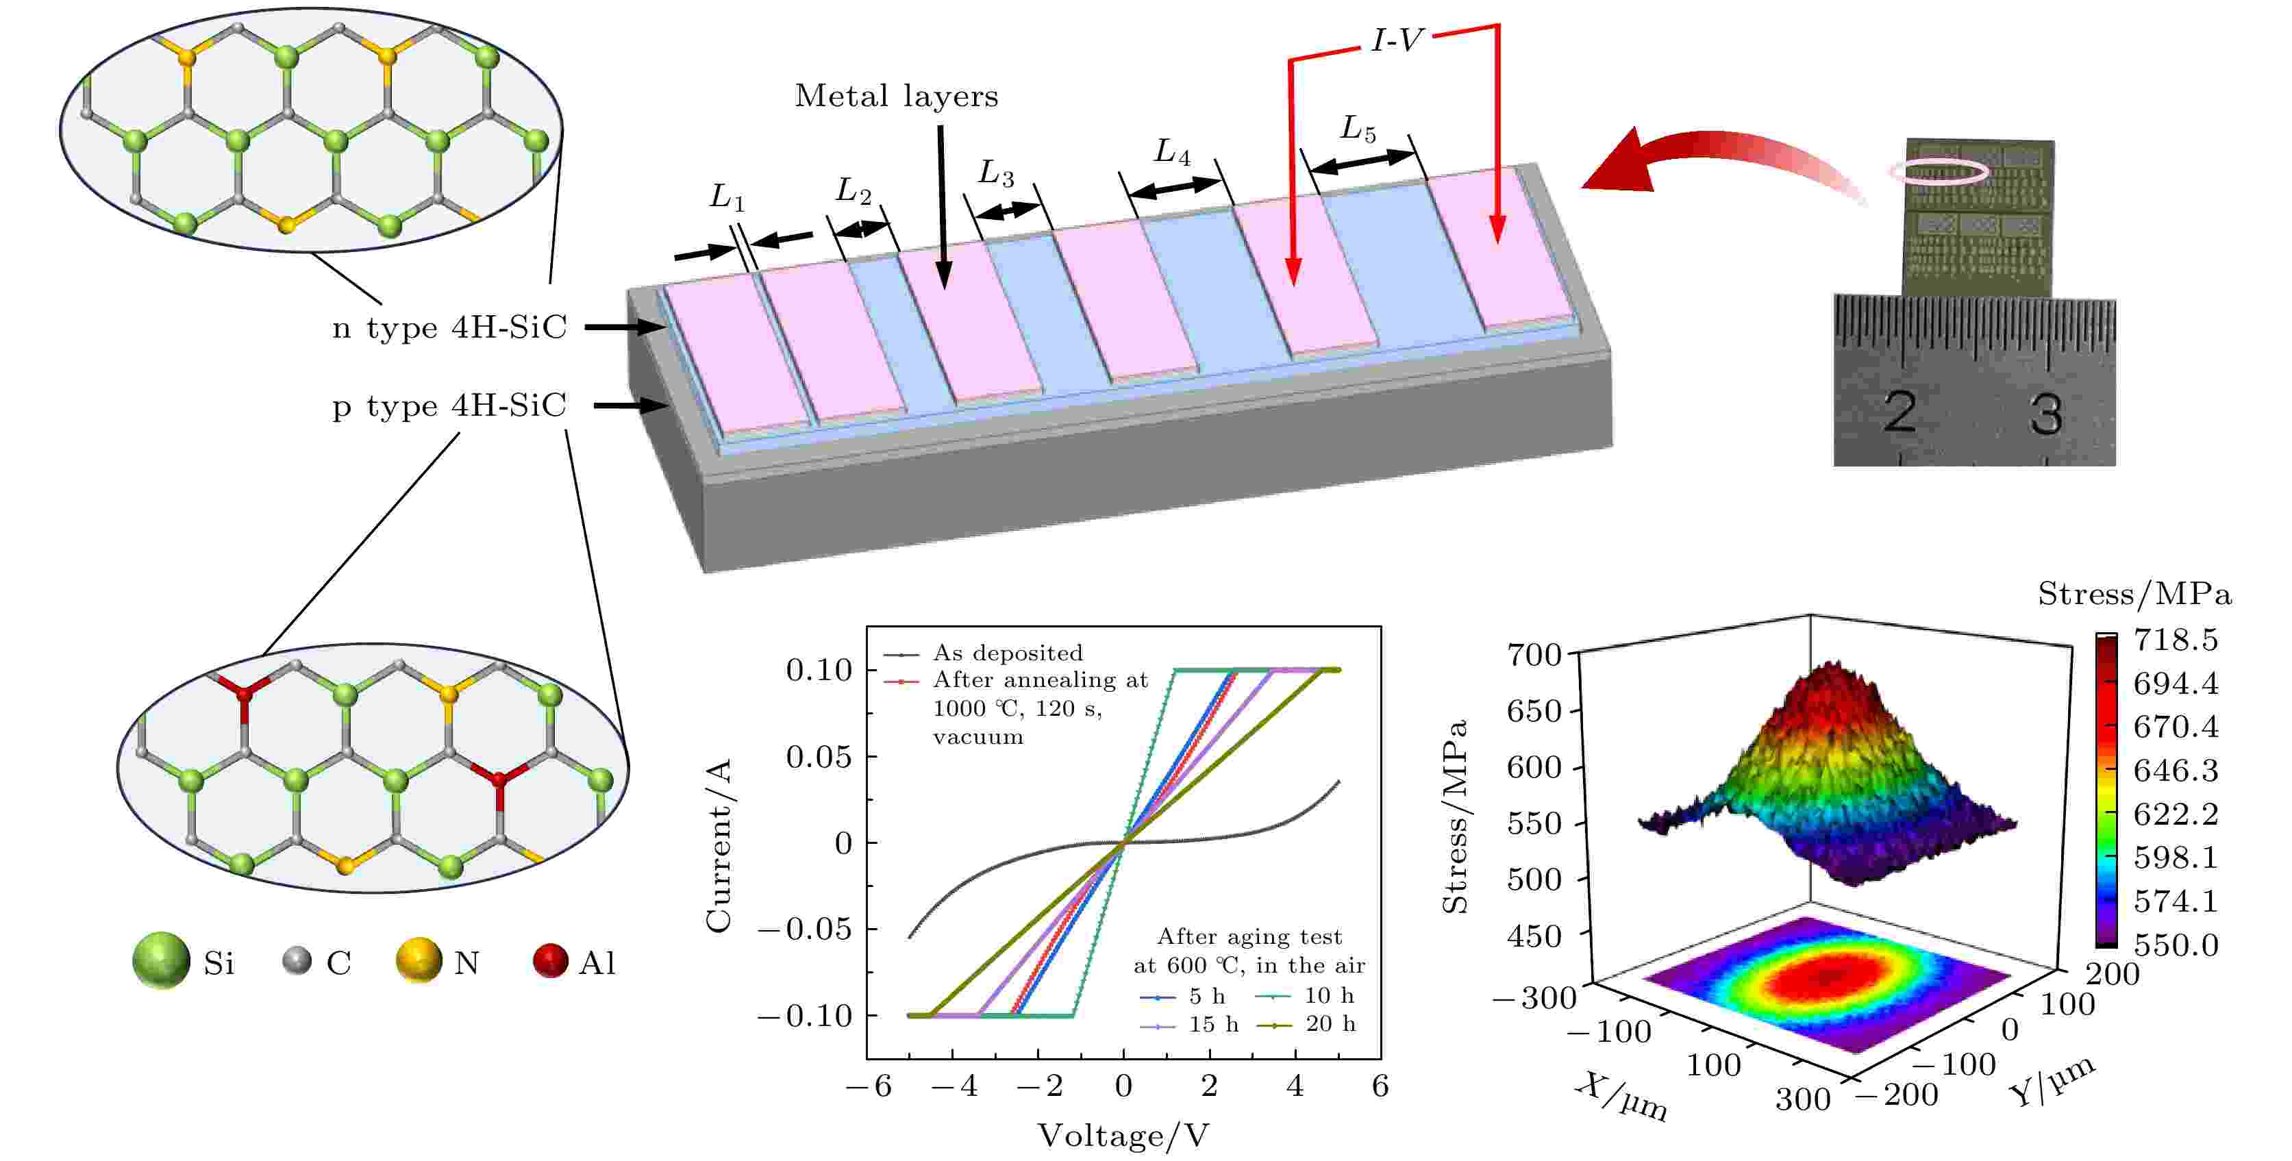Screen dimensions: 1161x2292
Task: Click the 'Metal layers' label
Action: pos(896,96)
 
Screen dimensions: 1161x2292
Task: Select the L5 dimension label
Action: pos(1358,130)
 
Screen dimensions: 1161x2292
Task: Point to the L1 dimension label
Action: pos(727,197)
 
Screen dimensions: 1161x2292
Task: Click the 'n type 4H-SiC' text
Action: pos(449,328)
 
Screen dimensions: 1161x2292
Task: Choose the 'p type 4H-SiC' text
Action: pos(449,407)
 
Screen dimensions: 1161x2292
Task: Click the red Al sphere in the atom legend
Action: pos(551,961)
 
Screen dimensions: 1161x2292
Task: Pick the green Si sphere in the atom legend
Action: pos(161,961)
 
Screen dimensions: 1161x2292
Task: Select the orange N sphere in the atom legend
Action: pos(418,961)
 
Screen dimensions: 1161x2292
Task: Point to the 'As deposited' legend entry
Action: pos(1007,653)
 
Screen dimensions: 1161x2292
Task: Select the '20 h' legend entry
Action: pos(1330,1024)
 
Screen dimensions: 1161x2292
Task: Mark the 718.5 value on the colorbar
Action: pos(2176,640)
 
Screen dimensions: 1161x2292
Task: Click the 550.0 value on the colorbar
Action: pos(2176,945)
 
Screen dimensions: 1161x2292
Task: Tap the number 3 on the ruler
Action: pos(2045,414)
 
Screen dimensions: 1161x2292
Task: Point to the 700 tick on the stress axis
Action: pos(1534,655)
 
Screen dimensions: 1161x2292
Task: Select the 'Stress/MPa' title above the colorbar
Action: pos(2134,595)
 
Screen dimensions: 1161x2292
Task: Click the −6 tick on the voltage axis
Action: pos(869,1086)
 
